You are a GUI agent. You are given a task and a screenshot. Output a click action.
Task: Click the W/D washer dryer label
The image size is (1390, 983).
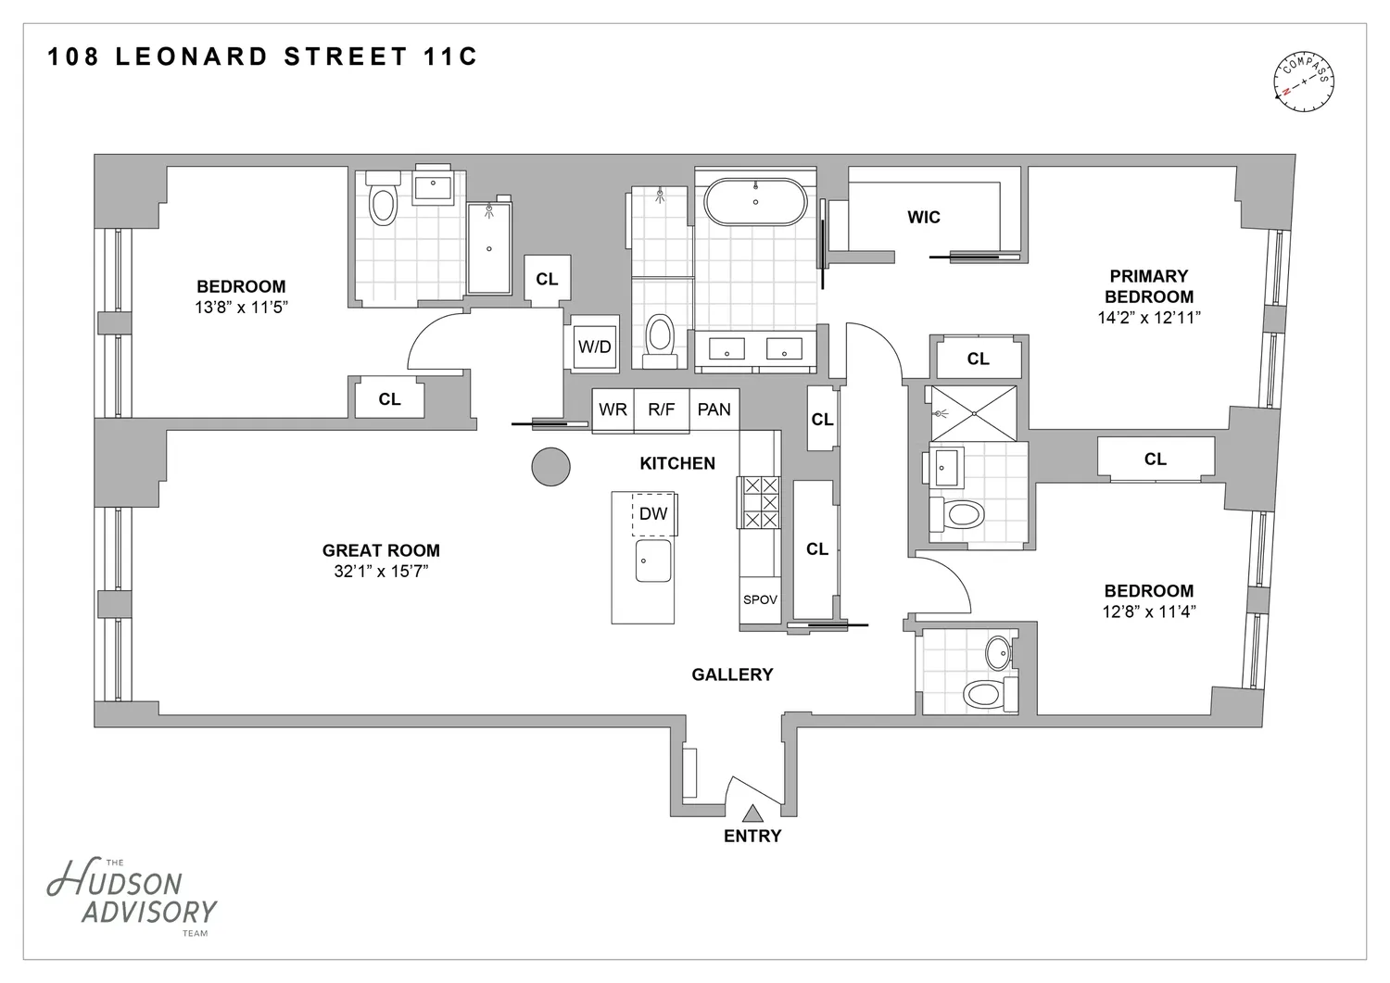tap(595, 347)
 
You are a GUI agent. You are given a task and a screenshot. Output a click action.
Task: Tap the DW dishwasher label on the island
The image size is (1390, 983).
tap(652, 513)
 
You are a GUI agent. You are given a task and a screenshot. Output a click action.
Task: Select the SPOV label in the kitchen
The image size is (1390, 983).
tap(760, 599)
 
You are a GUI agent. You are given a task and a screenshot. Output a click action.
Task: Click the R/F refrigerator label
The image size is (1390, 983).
tap(661, 410)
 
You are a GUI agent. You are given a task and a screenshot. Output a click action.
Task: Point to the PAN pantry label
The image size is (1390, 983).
tap(714, 410)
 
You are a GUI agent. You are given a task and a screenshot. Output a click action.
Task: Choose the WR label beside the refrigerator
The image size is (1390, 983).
tap(613, 410)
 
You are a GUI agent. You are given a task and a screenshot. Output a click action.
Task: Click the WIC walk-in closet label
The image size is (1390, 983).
tap(923, 217)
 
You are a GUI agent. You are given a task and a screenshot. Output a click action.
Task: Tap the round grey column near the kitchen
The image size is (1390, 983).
tap(550, 467)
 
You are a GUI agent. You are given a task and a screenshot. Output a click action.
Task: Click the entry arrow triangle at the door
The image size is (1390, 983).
tap(752, 813)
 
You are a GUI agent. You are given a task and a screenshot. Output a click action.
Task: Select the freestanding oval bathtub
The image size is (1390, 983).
tap(755, 202)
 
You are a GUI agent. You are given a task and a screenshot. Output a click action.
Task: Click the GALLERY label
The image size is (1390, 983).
tap(732, 674)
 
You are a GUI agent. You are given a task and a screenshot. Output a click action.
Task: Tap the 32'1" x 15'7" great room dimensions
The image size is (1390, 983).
tap(381, 572)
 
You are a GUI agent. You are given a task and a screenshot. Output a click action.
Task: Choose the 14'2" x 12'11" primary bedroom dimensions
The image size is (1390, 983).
tap(1149, 318)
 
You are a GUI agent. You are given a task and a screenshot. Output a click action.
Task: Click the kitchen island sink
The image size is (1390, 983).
tap(652, 561)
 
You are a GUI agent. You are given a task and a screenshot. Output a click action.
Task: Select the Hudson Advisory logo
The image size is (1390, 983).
tap(132, 897)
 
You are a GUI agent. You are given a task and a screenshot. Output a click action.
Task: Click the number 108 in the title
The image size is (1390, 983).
tap(73, 57)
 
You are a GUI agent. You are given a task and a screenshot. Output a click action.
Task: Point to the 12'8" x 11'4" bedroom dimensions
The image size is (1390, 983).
tap(1149, 611)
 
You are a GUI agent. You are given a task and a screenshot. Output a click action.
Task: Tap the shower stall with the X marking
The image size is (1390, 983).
tap(974, 413)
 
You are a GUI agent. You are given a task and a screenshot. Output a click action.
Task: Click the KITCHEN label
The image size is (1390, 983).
tap(677, 463)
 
